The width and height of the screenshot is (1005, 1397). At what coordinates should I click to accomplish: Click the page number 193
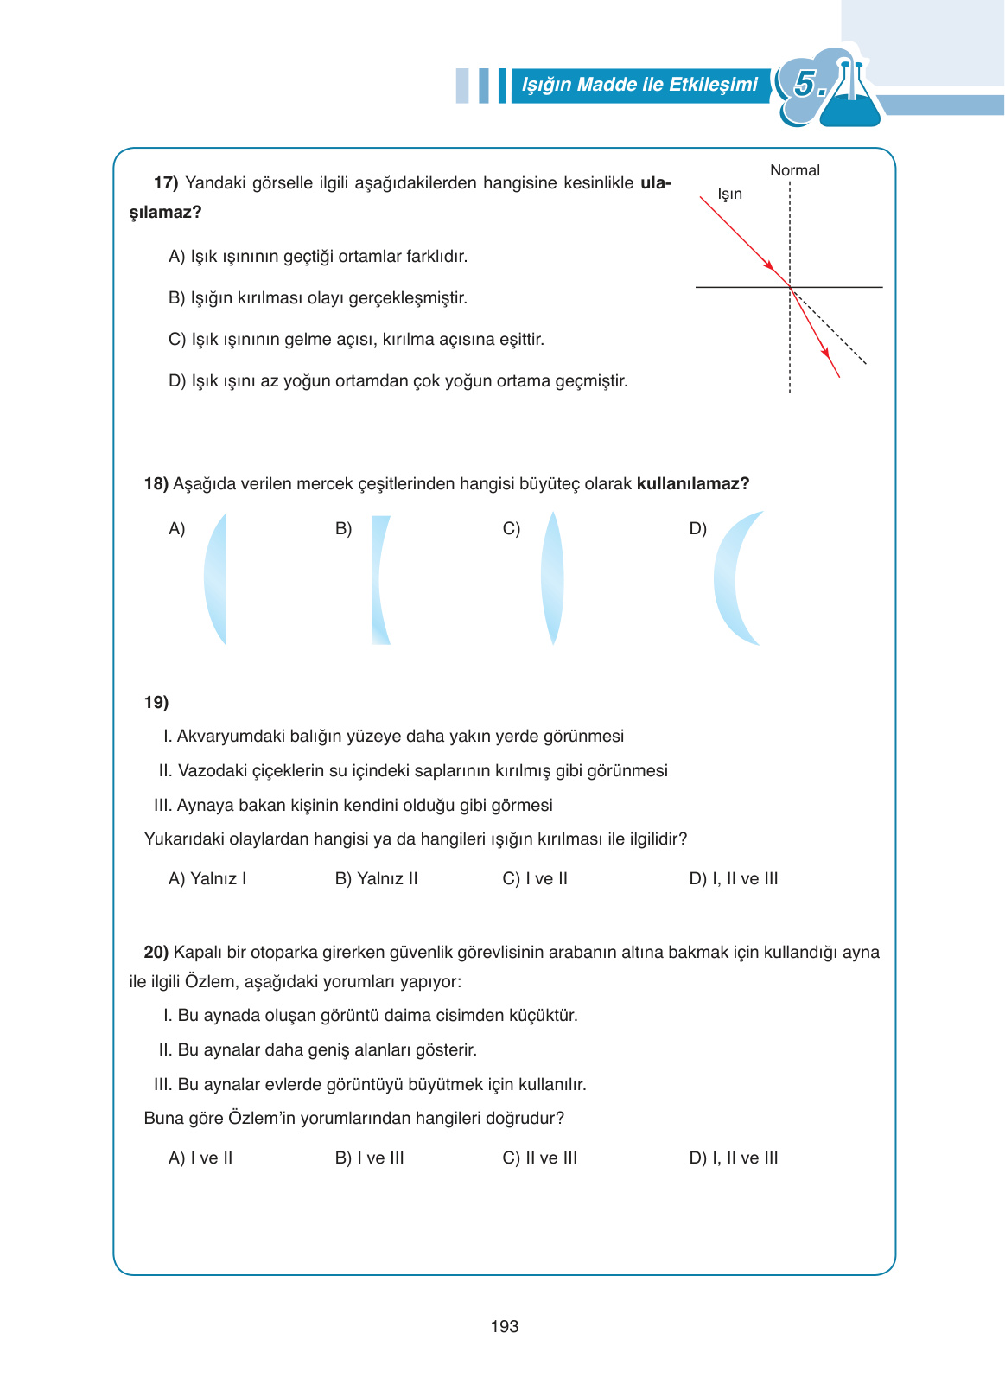504,1326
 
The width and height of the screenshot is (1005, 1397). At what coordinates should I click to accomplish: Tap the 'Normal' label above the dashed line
794,170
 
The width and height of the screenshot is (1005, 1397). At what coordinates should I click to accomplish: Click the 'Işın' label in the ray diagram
730,194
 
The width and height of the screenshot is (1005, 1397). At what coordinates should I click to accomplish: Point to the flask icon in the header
849,93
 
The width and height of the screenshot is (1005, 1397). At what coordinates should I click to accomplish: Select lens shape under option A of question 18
217,578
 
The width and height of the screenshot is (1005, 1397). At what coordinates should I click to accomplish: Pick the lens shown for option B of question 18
380,578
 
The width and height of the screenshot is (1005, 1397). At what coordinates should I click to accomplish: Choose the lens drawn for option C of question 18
552,578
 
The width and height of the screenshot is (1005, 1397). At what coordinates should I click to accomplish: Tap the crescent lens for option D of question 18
732,578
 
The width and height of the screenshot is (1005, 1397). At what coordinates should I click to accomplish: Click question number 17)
166,183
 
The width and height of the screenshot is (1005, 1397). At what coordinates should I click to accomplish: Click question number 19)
156,702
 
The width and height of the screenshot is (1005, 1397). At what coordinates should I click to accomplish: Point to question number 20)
156,952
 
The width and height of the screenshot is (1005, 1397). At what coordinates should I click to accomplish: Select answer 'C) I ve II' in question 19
535,878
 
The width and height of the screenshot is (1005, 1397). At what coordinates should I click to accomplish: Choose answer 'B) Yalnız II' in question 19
376,878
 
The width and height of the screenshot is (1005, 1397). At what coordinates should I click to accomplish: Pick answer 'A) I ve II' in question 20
200,1158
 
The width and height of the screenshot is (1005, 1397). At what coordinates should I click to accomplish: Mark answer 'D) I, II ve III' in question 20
734,1158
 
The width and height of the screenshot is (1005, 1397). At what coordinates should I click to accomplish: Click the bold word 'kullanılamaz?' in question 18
693,483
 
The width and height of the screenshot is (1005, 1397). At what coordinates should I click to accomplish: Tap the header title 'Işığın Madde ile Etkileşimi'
639,85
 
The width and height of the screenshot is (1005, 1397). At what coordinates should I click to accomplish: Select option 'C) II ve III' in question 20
539,1158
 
